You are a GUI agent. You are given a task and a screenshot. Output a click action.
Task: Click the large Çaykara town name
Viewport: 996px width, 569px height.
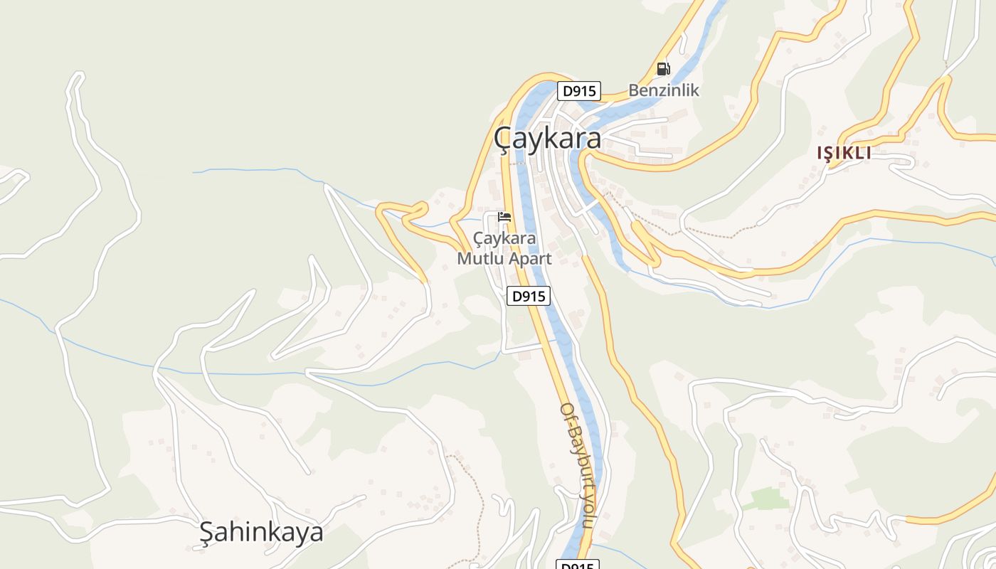[x=547, y=139]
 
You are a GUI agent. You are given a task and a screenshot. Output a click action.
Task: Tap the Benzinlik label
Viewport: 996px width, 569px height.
[x=663, y=90]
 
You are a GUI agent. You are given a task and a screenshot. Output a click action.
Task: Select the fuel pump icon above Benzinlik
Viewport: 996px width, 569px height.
[x=663, y=69]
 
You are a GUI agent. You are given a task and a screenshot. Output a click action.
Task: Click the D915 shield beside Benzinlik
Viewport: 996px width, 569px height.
[x=578, y=91]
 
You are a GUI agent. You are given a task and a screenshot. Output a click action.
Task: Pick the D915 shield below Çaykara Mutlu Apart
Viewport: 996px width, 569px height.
[x=529, y=296]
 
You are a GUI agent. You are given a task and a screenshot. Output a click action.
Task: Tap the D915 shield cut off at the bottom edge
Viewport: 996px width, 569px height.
[x=577, y=565]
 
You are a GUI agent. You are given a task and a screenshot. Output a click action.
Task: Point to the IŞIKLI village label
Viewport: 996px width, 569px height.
[x=844, y=153]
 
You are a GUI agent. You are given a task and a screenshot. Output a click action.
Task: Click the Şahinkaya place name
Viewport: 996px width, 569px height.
[x=261, y=532]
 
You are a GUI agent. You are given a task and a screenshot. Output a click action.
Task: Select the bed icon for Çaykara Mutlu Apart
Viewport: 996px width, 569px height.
[x=504, y=216]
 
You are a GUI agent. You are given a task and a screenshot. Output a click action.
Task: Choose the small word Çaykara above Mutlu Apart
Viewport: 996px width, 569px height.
[x=504, y=238]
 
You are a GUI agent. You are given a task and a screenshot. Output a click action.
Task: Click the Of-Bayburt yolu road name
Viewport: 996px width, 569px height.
[x=576, y=465]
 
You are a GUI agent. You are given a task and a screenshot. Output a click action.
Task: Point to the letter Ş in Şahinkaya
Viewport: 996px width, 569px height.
[x=206, y=532]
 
